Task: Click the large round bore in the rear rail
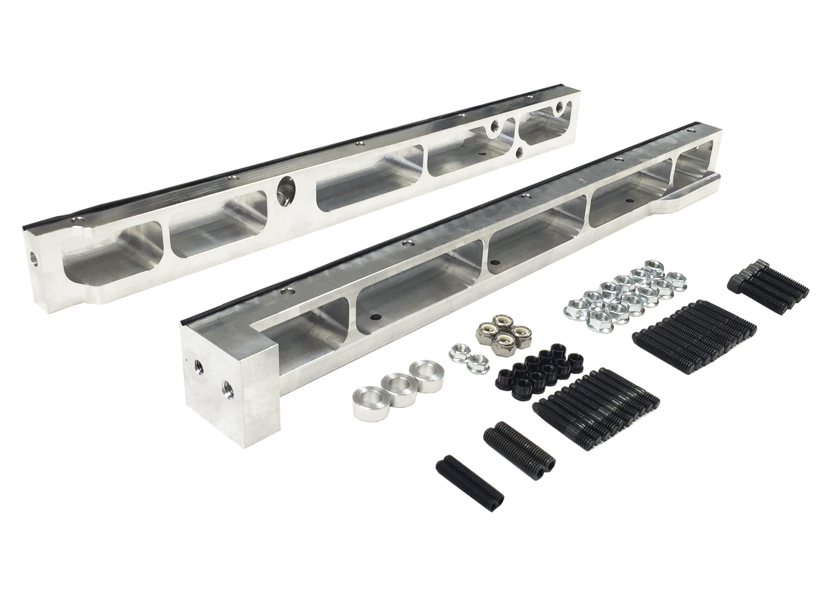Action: point(285,188)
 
